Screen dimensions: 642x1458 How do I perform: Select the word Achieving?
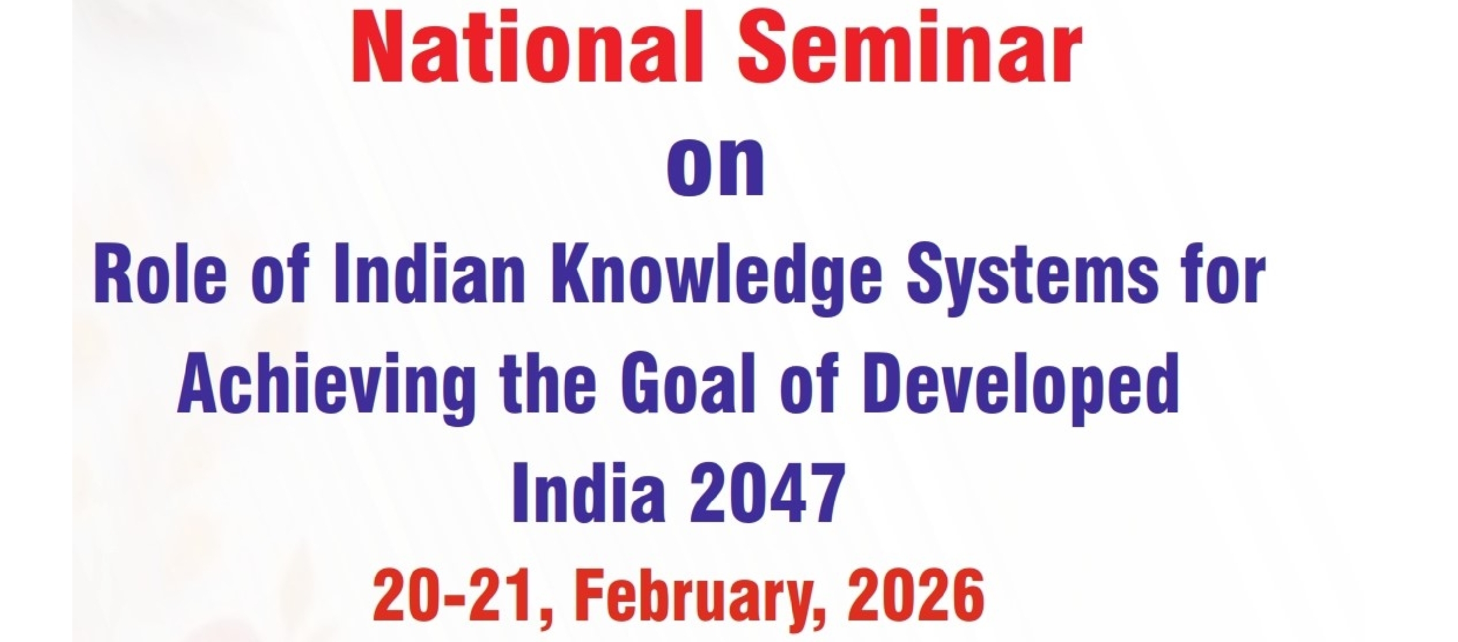tap(326, 387)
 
